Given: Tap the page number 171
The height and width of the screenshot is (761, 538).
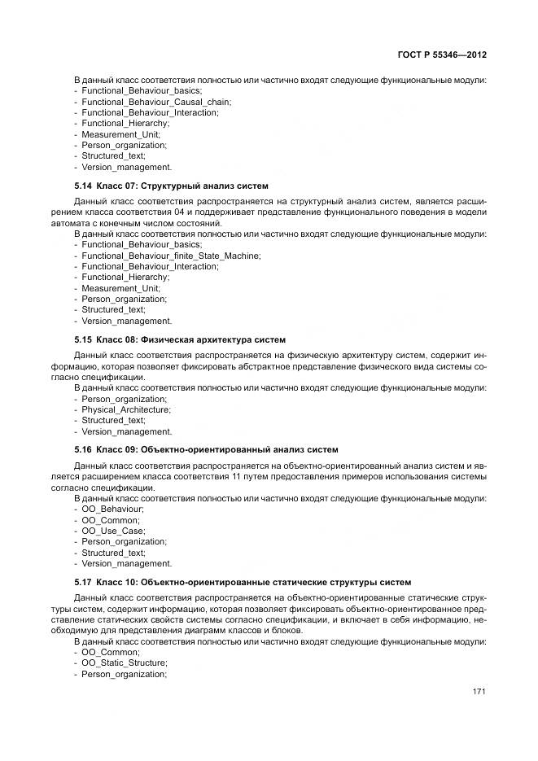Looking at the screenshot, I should (479, 692).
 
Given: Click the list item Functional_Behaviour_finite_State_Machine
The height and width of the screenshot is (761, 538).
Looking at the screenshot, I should (171, 256).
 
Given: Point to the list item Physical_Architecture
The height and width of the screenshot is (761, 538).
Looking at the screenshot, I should (126, 409).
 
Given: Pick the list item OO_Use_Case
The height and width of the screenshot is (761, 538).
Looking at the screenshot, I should (113, 531).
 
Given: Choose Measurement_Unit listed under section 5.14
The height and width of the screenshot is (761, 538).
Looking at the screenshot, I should (121, 288).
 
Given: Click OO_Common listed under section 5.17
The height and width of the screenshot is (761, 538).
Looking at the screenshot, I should (111, 652).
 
